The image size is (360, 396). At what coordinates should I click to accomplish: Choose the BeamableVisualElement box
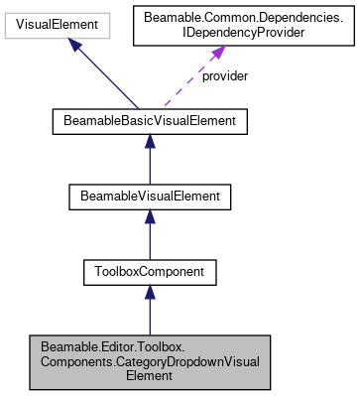149,196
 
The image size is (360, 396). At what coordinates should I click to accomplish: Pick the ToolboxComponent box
149,269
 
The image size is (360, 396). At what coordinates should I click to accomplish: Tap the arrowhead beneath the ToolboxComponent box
149,291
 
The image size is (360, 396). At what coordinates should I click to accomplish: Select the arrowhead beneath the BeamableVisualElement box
149,217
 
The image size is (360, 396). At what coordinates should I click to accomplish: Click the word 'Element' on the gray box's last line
149,376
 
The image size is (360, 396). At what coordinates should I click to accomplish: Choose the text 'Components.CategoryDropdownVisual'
149,361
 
